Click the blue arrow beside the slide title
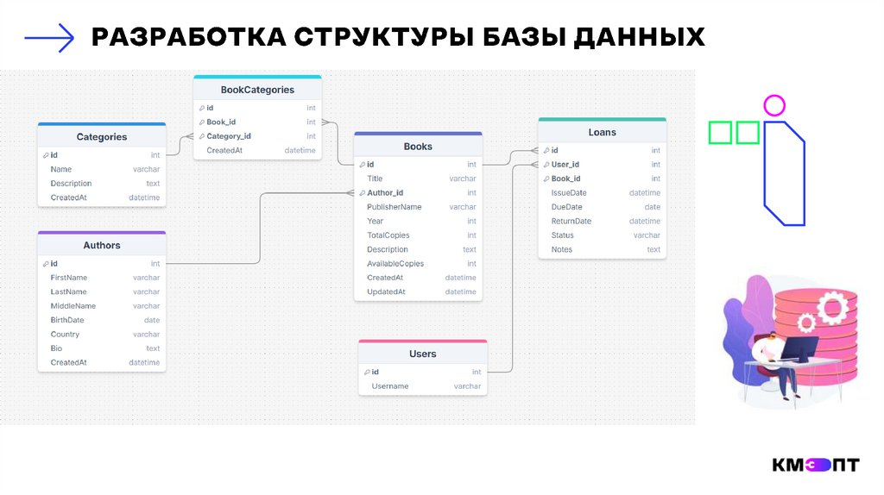point(49,37)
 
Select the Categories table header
point(102,137)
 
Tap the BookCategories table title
point(257,90)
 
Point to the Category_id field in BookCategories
point(229,136)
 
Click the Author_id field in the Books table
point(385,193)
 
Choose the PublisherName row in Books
point(395,207)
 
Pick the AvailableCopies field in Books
point(395,264)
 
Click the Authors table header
point(102,246)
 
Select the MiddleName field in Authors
point(73,306)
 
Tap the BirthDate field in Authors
point(67,320)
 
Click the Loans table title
point(602,133)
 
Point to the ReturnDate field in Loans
point(571,222)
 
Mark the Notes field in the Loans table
point(562,250)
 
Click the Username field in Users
point(390,386)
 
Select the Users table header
point(423,354)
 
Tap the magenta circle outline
point(774,106)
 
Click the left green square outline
point(720,133)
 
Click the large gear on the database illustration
point(833,305)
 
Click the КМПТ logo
point(816,466)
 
